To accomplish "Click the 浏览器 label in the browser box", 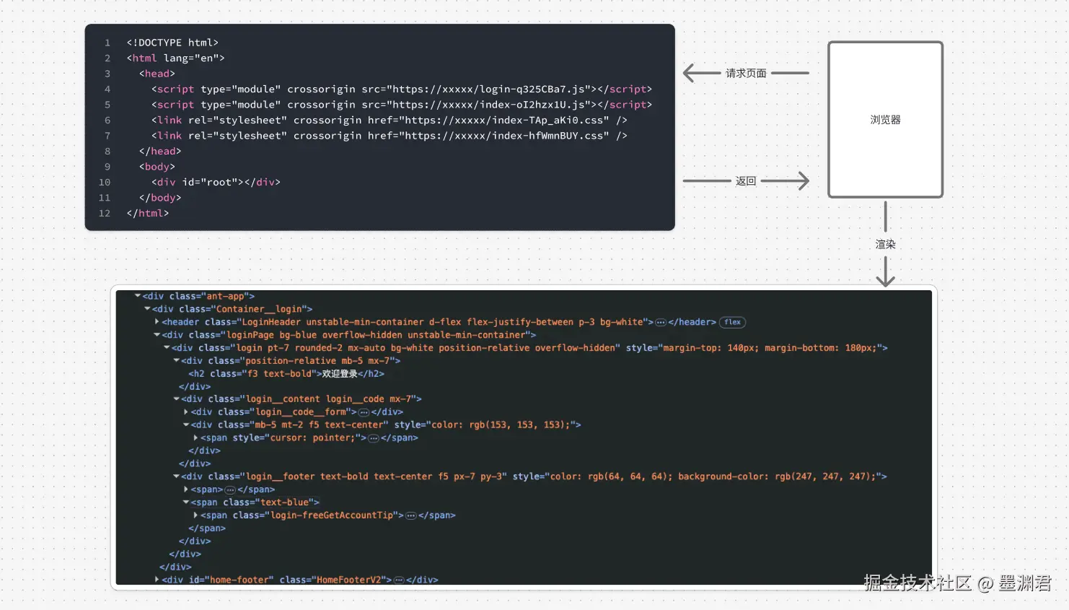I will [885, 120].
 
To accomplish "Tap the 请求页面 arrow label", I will [746, 73].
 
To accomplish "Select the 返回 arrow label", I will [746, 181].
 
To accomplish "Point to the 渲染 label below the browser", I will [885, 244].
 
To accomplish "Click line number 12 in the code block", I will [105, 214].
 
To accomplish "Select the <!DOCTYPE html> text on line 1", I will [172, 43].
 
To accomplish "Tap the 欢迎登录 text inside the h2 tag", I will [339, 374].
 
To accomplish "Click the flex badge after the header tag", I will [732, 322].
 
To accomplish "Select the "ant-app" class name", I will [226, 296].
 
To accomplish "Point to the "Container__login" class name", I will [263, 309].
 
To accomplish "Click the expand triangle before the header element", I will [157, 322].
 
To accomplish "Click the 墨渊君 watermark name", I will [1024, 583].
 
